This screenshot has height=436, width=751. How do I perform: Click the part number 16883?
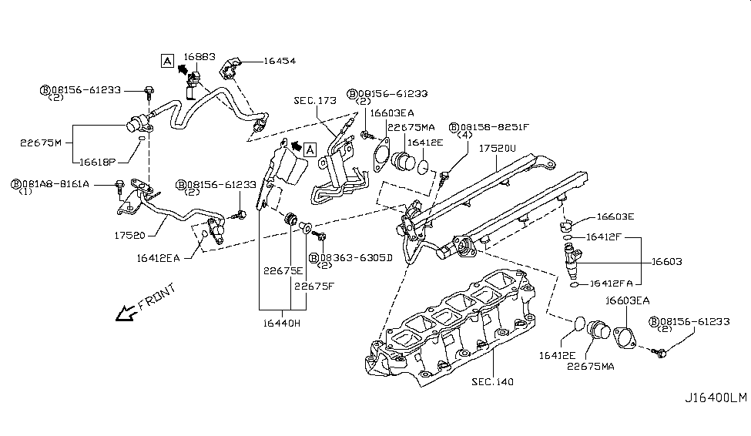click(199, 57)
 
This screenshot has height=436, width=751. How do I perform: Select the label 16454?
click(280, 60)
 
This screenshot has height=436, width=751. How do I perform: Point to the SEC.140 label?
click(494, 381)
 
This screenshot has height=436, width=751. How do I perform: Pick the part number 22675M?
click(40, 143)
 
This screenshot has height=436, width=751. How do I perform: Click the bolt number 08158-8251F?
click(493, 126)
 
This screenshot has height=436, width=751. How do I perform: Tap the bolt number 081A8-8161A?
click(55, 184)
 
